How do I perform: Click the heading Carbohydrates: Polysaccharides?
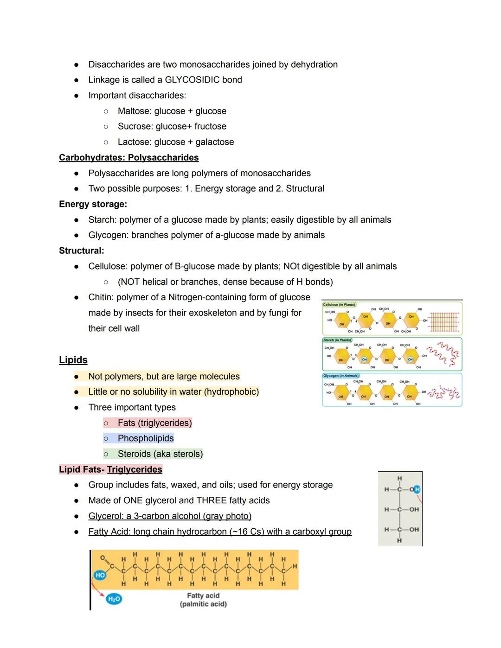(x=128, y=158)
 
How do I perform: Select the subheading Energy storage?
(x=93, y=204)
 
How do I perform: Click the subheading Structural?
(x=81, y=250)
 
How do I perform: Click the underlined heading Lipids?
(x=73, y=360)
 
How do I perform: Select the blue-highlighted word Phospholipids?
(x=146, y=438)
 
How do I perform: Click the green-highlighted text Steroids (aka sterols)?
(x=160, y=454)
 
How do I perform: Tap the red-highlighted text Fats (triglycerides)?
(x=154, y=423)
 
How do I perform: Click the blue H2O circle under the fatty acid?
(x=114, y=599)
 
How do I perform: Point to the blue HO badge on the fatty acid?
(x=100, y=575)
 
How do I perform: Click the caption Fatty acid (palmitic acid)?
(x=203, y=600)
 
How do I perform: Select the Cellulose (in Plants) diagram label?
(x=340, y=305)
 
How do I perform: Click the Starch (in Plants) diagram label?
(x=337, y=340)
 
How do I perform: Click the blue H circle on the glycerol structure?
(x=417, y=489)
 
